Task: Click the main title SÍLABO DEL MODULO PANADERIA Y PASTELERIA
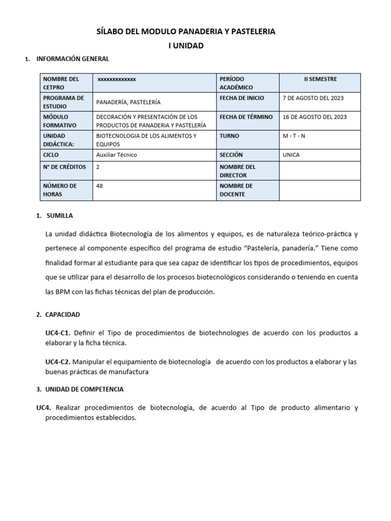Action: pos(186,32)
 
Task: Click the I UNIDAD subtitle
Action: pos(186,46)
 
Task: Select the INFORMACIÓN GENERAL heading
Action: pos(72,59)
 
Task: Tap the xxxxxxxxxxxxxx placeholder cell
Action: pos(117,79)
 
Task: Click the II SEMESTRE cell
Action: pos(320,79)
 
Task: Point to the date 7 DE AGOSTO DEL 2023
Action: pos(313,98)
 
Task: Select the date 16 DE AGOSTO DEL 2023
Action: pos(315,117)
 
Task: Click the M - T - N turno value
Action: pos(294,136)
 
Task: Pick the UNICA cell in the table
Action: pos(291,155)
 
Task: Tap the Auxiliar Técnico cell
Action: pos(117,155)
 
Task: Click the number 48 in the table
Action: pos(99,186)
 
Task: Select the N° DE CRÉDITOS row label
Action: pos(64,166)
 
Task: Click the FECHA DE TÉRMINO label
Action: pos(246,117)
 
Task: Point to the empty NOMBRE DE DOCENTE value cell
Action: pos(320,190)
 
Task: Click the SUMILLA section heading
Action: pos(60,215)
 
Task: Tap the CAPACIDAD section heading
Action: pos(63,314)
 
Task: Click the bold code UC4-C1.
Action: pos(58,333)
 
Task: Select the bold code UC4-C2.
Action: pos(58,362)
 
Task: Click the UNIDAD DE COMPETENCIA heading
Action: pos(84,389)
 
